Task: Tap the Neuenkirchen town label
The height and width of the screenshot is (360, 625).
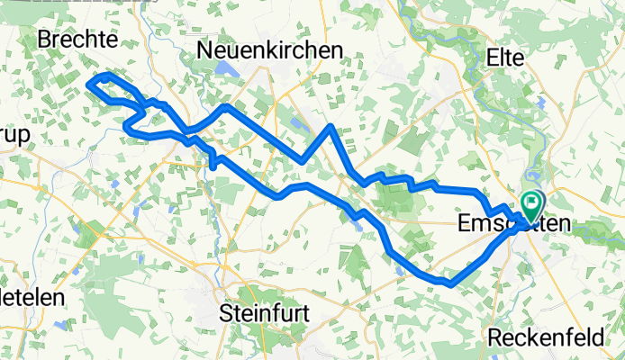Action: coord(270,50)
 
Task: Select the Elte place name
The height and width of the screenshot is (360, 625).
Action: coord(504,57)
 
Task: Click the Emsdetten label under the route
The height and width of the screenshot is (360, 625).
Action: coord(500,221)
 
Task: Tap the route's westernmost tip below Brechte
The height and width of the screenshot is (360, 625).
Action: coord(88,84)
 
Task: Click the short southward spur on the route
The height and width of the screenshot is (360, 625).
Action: coord(213,166)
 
